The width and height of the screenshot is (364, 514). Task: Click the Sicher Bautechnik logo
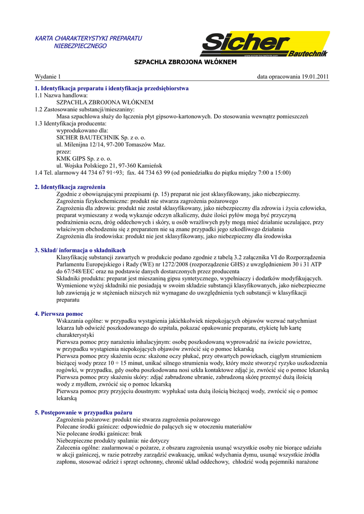[264, 45]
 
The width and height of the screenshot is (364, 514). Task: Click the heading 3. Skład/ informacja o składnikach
[80, 250]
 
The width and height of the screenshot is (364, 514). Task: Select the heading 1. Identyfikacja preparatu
[112, 88]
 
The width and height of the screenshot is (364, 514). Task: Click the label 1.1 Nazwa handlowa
[61, 95]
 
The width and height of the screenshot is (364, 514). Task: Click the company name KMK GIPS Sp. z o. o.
[84, 159]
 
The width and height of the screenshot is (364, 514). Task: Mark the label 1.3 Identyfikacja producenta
[70, 123]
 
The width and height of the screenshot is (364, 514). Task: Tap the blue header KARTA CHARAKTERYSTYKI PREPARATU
[88, 38]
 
